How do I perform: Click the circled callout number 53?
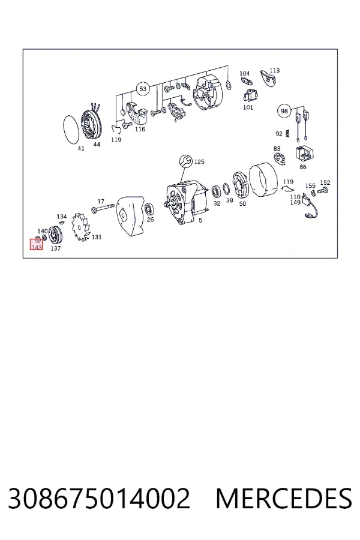(x=143, y=89)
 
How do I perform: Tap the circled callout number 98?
(x=284, y=111)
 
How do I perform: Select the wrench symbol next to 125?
(x=186, y=161)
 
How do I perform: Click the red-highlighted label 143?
(x=37, y=247)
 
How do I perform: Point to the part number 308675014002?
(x=99, y=499)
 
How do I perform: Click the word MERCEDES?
(x=284, y=499)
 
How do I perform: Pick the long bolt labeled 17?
(x=103, y=208)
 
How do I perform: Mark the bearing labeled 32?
(x=217, y=191)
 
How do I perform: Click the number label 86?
(x=303, y=167)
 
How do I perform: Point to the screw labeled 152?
(x=323, y=190)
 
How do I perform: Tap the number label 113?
(x=275, y=70)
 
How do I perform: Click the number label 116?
(x=140, y=129)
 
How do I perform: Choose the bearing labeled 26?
(x=149, y=209)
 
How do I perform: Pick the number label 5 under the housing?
(x=200, y=220)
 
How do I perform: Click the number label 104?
(x=244, y=73)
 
